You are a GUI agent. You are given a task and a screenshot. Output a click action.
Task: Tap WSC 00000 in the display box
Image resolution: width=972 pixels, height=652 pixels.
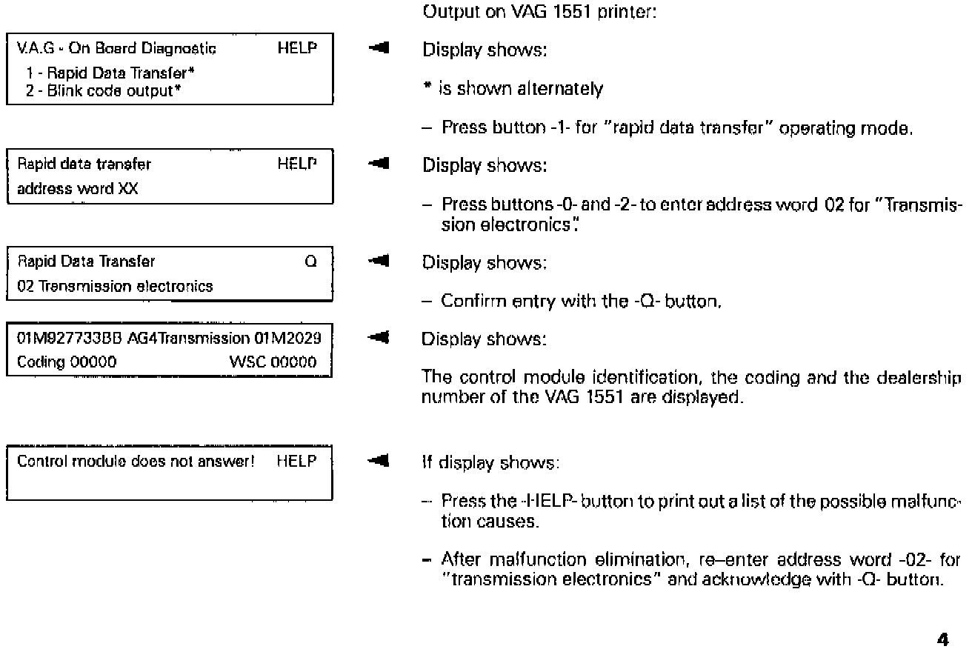point(273,362)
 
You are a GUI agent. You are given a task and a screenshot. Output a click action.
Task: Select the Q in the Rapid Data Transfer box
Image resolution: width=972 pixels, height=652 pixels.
point(311,261)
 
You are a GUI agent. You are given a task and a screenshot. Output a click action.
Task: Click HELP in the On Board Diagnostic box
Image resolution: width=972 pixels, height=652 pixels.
point(298,49)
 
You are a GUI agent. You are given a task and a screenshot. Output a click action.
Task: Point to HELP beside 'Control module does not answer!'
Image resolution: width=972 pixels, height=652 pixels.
point(296,461)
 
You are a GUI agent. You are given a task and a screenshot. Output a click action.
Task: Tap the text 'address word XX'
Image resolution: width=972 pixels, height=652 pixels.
point(66,188)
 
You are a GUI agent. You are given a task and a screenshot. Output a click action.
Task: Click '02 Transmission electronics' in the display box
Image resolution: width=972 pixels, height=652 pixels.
point(115,286)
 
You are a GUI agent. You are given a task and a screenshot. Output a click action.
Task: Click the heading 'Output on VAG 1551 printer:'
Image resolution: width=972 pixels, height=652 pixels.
point(539,12)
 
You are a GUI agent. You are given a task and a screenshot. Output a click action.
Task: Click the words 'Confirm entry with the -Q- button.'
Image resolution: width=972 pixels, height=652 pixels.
point(580,301)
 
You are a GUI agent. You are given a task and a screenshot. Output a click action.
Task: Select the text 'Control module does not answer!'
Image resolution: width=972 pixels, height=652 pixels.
point(136,461)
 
